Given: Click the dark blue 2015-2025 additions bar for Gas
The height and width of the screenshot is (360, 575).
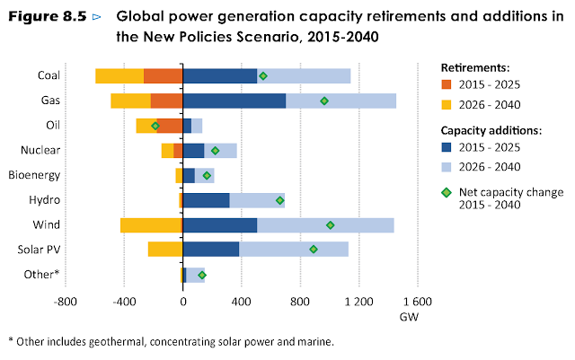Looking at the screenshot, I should point(234,101).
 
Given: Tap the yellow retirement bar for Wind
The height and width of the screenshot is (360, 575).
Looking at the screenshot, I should point(151,224).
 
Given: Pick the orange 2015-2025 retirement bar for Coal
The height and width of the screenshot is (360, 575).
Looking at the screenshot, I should point(163,75).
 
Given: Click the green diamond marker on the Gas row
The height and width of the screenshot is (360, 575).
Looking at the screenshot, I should point(324,101).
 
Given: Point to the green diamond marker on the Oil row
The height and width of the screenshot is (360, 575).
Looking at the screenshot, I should point(155,126).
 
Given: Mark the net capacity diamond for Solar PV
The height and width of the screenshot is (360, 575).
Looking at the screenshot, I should point(314,250).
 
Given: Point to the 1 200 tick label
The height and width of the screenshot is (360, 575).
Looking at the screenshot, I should point(358,302).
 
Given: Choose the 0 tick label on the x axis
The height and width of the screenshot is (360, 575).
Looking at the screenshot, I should point(182,302).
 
